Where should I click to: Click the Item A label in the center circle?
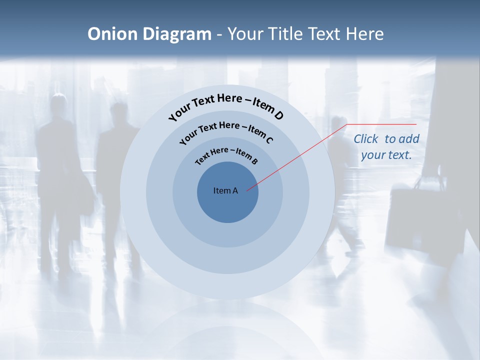coord(225,190)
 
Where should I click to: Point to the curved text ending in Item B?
coord(226,154)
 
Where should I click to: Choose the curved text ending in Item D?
coord(226,105)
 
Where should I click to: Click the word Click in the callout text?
coord(366,139)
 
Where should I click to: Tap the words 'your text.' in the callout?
coord(386,155)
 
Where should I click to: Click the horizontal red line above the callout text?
coord(382,124)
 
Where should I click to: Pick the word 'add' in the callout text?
coord(409,139)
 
